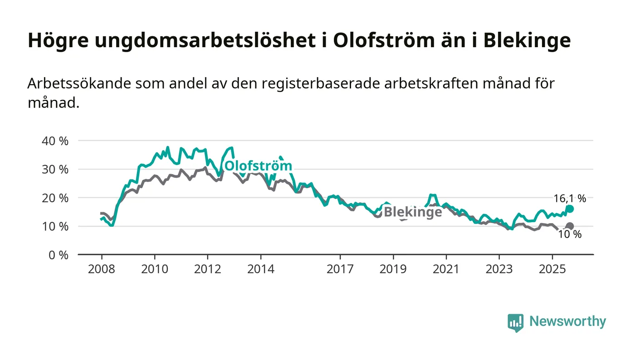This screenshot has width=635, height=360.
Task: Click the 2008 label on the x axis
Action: coord(101,269)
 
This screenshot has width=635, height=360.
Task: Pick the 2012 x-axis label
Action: coord(207,269)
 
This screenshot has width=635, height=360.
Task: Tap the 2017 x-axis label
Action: coord(340,269)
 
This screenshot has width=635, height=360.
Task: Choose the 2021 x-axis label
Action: coord(446,269)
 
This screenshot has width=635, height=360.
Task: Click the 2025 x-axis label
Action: coord(552,269)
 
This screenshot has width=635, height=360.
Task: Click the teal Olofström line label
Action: coord(258,165)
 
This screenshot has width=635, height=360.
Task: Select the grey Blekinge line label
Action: coord(413,212)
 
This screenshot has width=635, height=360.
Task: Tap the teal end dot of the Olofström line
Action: coord(570,209)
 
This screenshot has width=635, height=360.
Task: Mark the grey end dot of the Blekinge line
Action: coord(570,226)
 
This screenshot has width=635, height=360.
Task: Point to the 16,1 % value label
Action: coord(570,198)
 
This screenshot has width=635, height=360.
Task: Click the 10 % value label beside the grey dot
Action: coord(570,234)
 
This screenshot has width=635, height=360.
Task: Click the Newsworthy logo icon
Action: coord(515,322)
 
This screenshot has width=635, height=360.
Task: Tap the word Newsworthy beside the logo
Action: coord(567,321)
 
